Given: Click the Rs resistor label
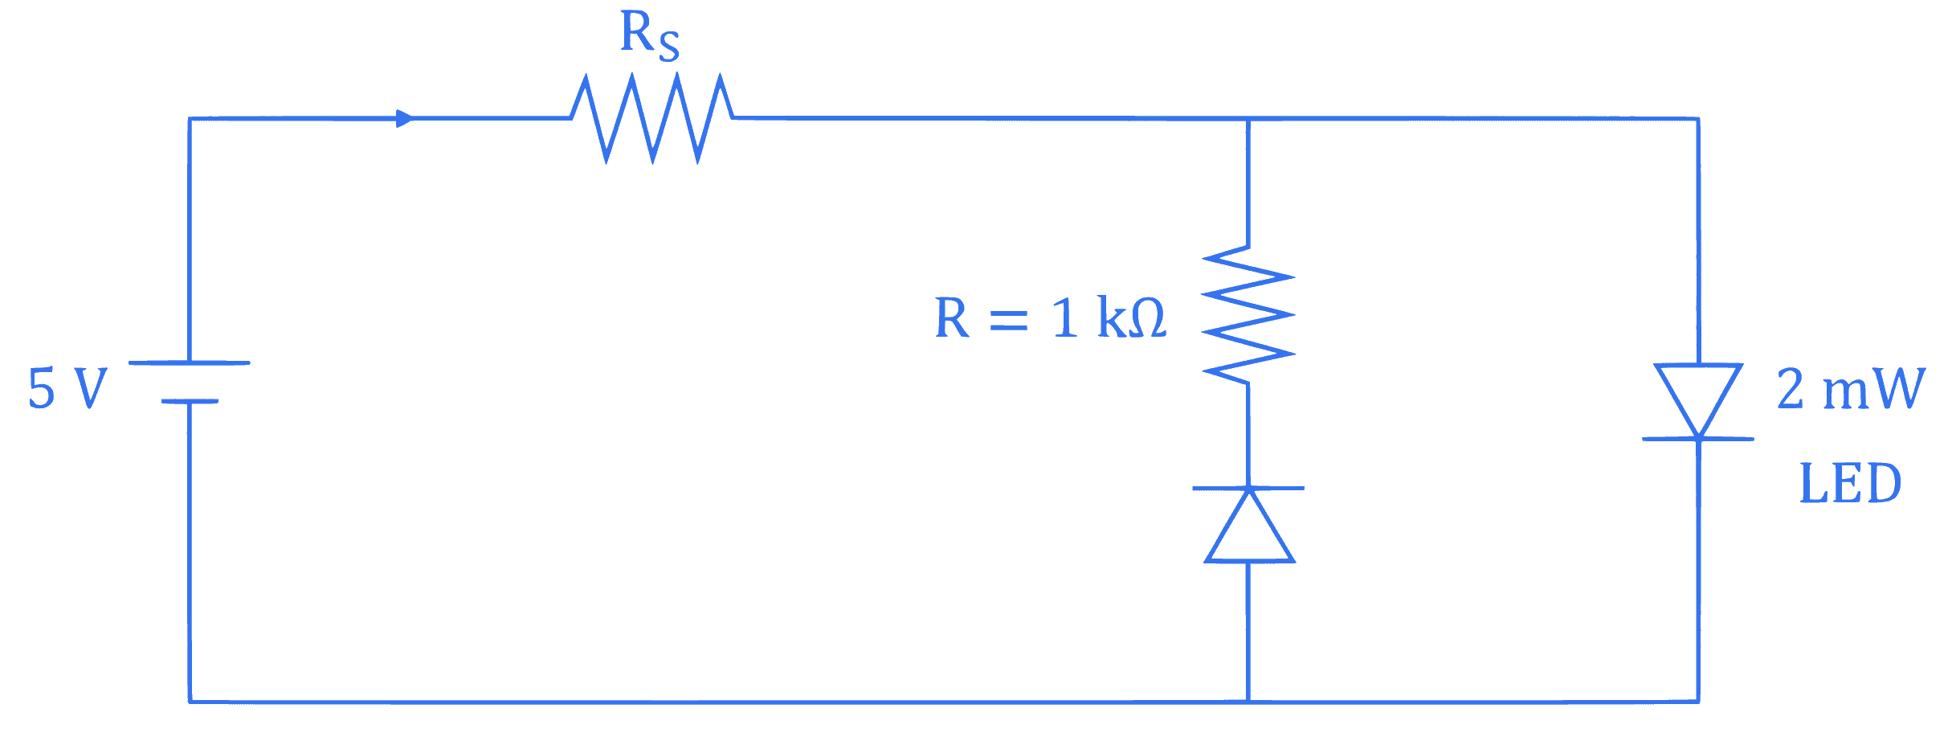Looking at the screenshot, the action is [x=650, y=36].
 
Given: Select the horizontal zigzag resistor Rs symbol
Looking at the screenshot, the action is [x=652, y=119].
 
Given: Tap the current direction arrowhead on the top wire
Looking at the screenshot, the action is [x=405, y=119].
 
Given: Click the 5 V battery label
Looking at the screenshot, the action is [x=67, y=388].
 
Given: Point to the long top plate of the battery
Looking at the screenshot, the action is [x=190, y=362].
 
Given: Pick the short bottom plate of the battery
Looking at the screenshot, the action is [x=190, y=401].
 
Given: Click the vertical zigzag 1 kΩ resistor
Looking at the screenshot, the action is [x=1248, y=315].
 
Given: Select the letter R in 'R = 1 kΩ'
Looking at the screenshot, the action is [x=953, y=317].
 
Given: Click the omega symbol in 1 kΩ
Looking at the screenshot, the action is [x=1148, y=318].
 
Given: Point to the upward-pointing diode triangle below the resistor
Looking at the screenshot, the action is [x=1249, y=526].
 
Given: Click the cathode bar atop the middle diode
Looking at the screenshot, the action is [x=1248, y=488].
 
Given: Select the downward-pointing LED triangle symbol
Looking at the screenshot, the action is [x=1698, y=401].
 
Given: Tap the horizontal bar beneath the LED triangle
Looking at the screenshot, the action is [x=1698, y=439].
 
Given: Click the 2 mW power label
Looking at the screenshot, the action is [x=1851, y=389].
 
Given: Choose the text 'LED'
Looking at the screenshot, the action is [x=1851, y=483].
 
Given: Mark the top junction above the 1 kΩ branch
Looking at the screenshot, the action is [x=1248, y=119].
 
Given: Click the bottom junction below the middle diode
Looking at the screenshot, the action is [x=1248, y=702].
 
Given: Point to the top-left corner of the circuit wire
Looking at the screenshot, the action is [x=190, y=119].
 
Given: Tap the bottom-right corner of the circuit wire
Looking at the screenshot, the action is [x=1698, y=702].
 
